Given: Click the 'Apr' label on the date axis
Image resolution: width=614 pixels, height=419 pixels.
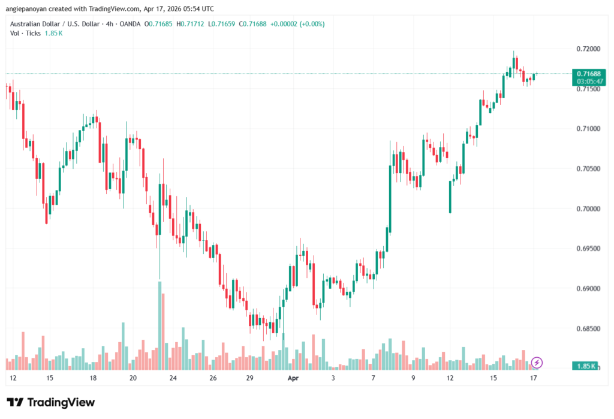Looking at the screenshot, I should (x=293, y=378).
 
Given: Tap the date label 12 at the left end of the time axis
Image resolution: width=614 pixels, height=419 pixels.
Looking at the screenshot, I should (x=13, y=378).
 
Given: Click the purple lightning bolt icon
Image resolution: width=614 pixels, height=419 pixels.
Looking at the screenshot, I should (x=537, y=362).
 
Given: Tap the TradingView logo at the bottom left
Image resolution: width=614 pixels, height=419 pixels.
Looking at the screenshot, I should (x=51, y=402).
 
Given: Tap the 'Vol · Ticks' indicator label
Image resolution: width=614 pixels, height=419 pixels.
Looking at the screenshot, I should (x=25, y=33).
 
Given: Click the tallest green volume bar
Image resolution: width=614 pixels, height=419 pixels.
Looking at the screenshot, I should (x=160, y=324).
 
